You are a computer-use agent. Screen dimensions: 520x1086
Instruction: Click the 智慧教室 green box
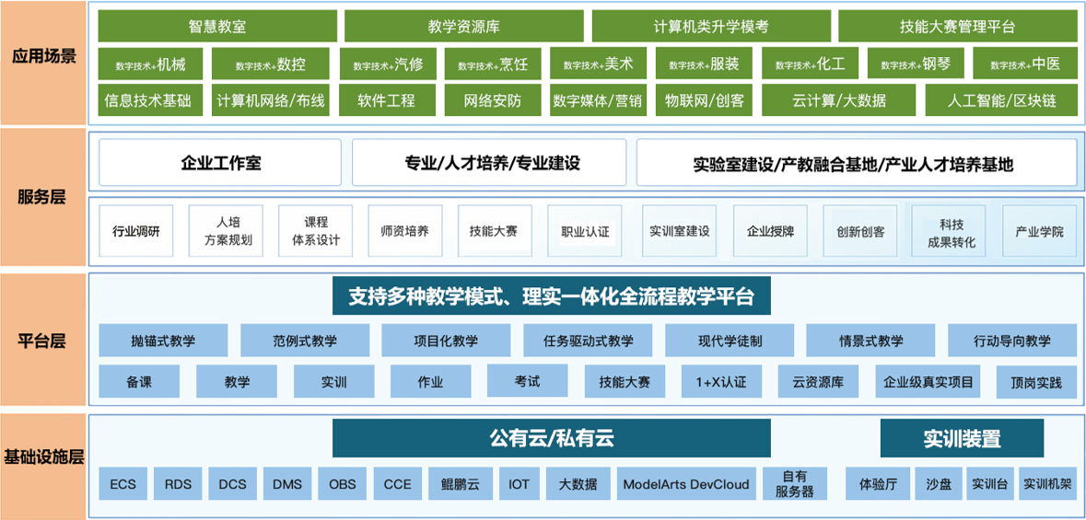coord(216,27)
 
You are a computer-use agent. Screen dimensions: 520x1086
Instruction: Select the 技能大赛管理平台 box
coord(957,27)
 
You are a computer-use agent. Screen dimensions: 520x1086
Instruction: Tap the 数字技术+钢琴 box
coord(916,64)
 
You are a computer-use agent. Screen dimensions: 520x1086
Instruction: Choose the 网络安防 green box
coord(493,100)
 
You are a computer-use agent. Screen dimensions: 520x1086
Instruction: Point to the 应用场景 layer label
coord(43,57)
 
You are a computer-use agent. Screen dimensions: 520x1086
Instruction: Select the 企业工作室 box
coord(220,164)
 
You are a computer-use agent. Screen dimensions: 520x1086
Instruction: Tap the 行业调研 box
coord(135,231)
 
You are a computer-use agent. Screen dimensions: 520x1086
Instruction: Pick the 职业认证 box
coord(585,232)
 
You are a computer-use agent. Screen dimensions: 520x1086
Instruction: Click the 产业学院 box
coord(1039,231)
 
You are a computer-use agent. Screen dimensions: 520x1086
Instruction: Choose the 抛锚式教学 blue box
coord(163,341)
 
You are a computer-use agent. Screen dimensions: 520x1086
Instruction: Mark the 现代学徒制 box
coord(730,341)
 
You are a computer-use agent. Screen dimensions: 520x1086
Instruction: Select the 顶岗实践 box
coord(1036,382)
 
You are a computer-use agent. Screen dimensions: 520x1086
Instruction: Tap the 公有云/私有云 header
coord(551,439)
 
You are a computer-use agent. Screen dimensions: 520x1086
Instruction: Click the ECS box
coord(123,483)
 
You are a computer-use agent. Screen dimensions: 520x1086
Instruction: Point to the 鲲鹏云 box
coord(461,483)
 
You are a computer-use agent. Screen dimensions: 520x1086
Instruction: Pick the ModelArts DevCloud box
coord(686,483)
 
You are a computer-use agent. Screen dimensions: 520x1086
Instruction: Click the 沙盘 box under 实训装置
coord(939,483)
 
